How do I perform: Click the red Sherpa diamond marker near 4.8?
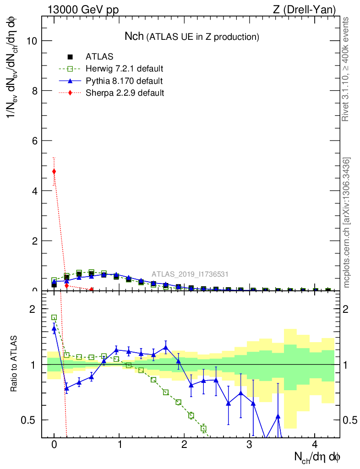[x=54, y=172]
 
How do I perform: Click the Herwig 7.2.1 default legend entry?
[x=124, y=69]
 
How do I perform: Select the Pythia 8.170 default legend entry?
[x=124, y=82]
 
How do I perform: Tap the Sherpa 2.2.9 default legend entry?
[x=125, y=93]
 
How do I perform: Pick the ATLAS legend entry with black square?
[x=99, y=57]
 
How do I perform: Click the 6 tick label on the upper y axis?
[x=34, y=141]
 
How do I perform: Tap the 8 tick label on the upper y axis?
[x=34, y=91]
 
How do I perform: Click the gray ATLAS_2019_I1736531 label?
[x=190, y=274]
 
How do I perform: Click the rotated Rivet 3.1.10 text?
[x=346, y=69]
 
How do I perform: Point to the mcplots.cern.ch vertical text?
[x=347, y=223]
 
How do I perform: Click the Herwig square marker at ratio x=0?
[x=54, y=317]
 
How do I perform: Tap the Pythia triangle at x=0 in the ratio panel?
[x=54, y=328]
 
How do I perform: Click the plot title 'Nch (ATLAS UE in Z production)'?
[x=192, y=36]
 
